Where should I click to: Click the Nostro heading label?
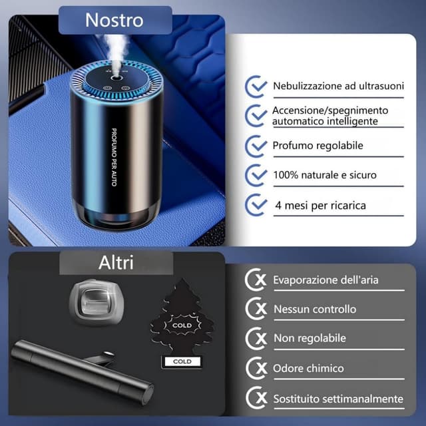[114, 20]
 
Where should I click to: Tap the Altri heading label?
[116, 262]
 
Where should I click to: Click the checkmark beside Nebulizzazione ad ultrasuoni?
[256, 87]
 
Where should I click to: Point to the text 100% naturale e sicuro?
[324, 175]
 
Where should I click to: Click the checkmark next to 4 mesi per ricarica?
[256, 204]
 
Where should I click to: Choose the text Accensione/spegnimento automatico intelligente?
[330, 115]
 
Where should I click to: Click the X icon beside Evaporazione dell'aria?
[256, 280]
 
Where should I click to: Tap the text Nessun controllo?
[315, 309]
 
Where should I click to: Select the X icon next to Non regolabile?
[256, 338]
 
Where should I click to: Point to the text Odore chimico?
[308, 368]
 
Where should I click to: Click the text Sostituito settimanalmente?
[338, 399]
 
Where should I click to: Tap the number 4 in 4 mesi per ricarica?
[278, 205]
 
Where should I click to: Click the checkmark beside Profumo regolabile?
[256, 145]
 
